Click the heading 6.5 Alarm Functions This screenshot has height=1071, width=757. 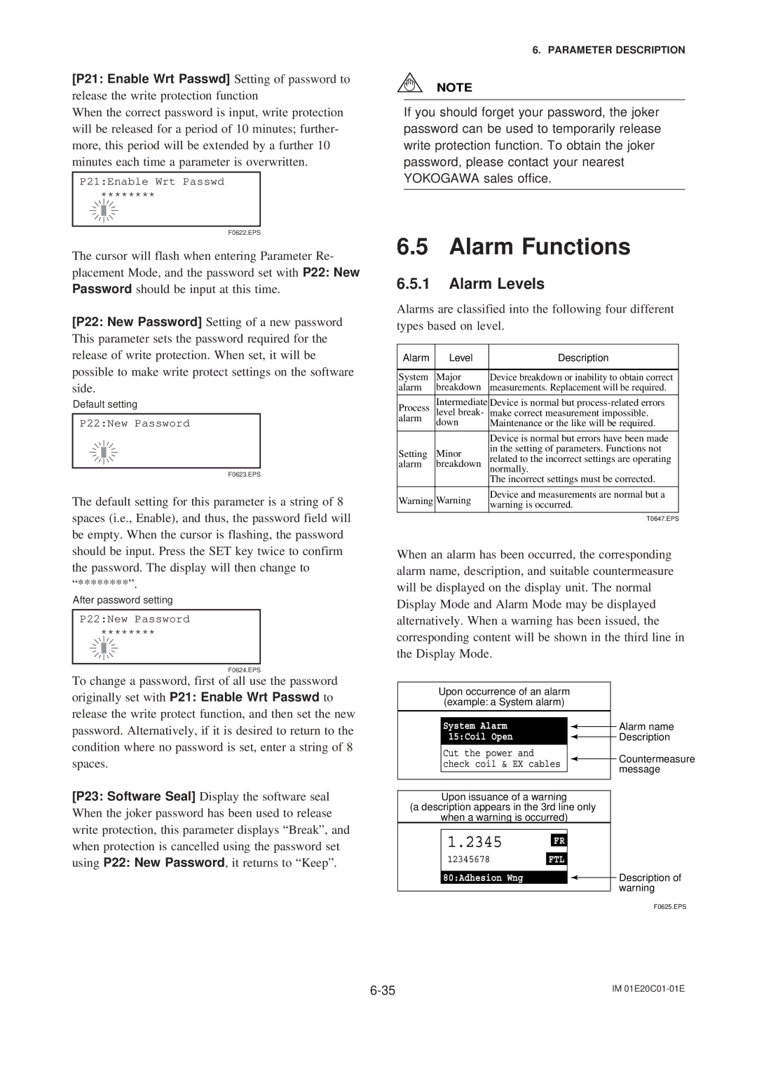(x=513, y=247)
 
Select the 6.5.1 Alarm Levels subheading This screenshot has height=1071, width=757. (x=470, y=284)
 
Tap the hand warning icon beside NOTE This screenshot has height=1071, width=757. (x=409, y=84)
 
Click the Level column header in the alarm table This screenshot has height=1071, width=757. (x=461, y=357)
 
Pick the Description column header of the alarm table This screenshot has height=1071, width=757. (x=582, y=357)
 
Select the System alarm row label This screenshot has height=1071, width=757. (x=414, y=382)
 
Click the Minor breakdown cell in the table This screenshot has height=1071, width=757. (x=458, y=458)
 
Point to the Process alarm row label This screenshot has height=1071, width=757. (x=414, y=413)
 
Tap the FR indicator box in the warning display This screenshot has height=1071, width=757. (x=559, y=840)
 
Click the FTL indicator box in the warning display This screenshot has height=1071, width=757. (x=557, y=859)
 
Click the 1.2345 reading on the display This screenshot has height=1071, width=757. (x=475, y=842)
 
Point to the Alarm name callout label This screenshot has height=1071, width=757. (x=646, y=727)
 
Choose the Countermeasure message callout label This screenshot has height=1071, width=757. (x=656, y=764)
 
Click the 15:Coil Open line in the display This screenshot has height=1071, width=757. (x=481, y=737)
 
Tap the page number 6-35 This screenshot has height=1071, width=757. (x=383, y=990)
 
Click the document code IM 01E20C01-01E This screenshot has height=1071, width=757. (x=648, y=989)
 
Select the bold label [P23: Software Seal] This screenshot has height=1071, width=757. (x=134, y=796)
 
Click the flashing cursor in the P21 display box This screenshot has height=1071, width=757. (x=104, y=210)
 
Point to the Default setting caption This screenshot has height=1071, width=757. (x=105, y=404)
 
